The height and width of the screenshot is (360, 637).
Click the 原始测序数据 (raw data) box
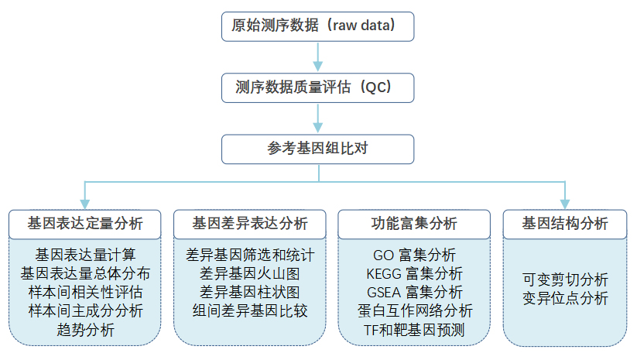[x=317, y=26]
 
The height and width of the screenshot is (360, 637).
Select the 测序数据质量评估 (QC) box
[x=317, y=87]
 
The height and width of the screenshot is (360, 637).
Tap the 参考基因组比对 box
[x=317, y=149]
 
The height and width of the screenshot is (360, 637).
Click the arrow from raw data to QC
[x=317, y=57]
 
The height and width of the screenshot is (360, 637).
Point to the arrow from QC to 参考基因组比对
[x=317, y=118]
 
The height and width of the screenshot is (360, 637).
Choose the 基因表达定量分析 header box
[x=85, y=225]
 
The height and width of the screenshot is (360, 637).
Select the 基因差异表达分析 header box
[x=250, y=225]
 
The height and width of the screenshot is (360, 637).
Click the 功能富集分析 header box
[x=414, y=225]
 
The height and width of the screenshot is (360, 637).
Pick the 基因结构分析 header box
[x=565, y=225]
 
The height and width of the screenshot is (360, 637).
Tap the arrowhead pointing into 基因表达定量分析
[x=85, y=204]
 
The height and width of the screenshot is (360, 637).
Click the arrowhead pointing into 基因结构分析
[x=565, y=204]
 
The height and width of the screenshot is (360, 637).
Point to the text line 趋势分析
[x=85, y=330]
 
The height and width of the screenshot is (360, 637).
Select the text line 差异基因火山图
[x=249, y=273]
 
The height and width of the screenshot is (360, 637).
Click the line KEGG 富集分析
[x=414, y=273]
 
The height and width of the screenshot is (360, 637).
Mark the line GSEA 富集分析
[x=415, y=292]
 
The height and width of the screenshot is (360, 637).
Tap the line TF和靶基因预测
[x=414, y=330]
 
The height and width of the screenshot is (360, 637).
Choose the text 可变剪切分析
[x=565, y=279]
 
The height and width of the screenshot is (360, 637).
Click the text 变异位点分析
[x=565, y=298]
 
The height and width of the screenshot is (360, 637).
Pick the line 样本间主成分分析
[x=85, y=310]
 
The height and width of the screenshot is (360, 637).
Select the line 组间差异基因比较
[x=250, y=310]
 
